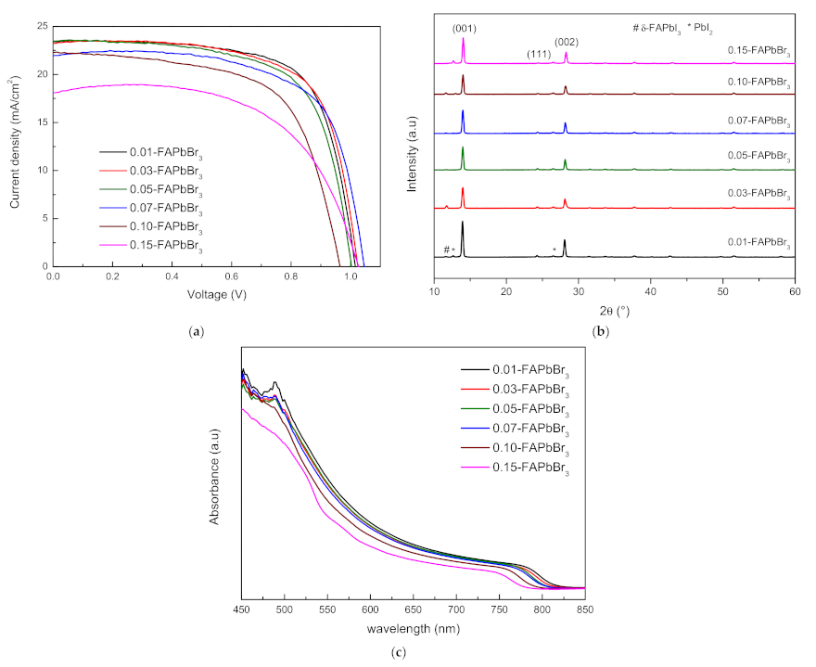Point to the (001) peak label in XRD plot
click(x=463, y=27)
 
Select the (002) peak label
click(x=566, y=42)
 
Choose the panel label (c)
click(x=400, y=652)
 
